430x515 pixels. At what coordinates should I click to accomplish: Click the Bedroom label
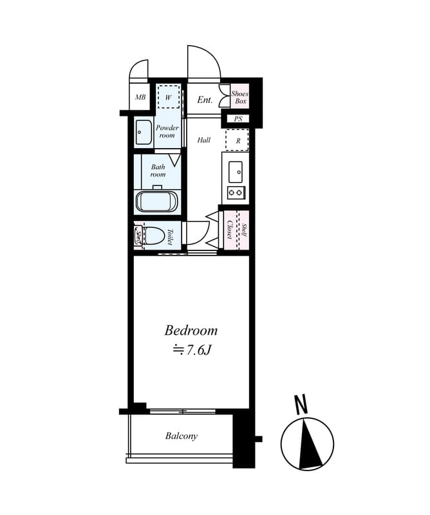pyautogui.click(x=191, y=330)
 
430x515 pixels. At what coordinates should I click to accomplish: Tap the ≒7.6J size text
pyautogui.click(x=192, y=350)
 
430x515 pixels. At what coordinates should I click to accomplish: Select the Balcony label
pyautogui.click(x=182, y=436)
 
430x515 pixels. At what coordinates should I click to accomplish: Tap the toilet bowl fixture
pyautogui.click(x=154, y=235)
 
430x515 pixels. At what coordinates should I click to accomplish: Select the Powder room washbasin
pyautogui.click(x=144, y=133)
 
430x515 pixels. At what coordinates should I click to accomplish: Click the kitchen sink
pyautogui.click(x=236, y=172)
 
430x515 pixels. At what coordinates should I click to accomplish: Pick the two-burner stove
pyautogui.click(x=236, y=192)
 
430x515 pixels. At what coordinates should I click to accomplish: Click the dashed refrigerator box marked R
pyautogui.click(x=237, y=140)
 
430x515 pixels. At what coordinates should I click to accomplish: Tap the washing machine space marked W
pyautogui.click(x=169, y=97)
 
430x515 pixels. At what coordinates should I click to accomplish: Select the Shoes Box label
pyautogui.click(x=240, y=97)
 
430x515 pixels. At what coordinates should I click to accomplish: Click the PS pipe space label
pyautogui.click(x=238, y=119)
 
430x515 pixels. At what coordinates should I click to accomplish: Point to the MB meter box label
pyautogui.click(x=140, y=97)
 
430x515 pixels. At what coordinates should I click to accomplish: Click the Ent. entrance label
pyautogui.click(x=205, y=100)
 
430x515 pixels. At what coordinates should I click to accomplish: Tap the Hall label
pyautogui.click(x=203, y=140)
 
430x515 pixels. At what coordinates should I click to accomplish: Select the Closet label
pyautogui.click(x=230, y=230)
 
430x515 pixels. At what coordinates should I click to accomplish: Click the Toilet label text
pyautogui.click(x=170, y=236)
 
